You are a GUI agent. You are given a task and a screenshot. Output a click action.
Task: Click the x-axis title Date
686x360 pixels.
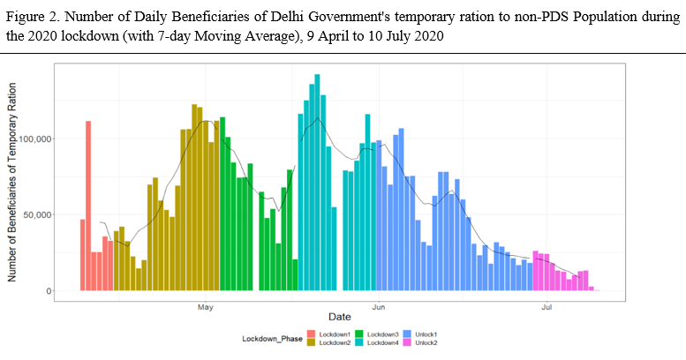(x=339, y=316)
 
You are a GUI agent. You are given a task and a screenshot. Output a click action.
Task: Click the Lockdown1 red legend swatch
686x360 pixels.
(x=311, y=334)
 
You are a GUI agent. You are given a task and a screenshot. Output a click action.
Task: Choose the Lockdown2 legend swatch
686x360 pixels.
(x=311, y=342)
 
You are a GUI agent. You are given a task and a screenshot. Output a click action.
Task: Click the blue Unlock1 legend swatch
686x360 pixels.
(x=406, y=334)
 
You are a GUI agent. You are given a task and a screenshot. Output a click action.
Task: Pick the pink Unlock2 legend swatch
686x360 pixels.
(x=406, y=342)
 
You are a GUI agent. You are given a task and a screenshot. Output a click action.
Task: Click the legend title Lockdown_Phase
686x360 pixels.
(x=271, y=339)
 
